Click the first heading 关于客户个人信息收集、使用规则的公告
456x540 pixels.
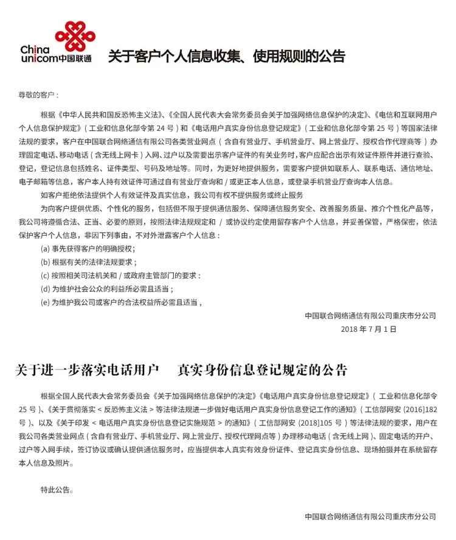tap(227, 57)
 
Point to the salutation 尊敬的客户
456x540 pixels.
tap(38, 96)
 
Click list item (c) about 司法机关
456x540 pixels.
tap(120, 275)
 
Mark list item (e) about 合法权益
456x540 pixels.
tap(120, 302)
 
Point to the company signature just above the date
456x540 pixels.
tap(370, 315)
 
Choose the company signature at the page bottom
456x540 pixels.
tap(370, 516)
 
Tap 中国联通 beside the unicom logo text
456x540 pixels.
tap(75, 58)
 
